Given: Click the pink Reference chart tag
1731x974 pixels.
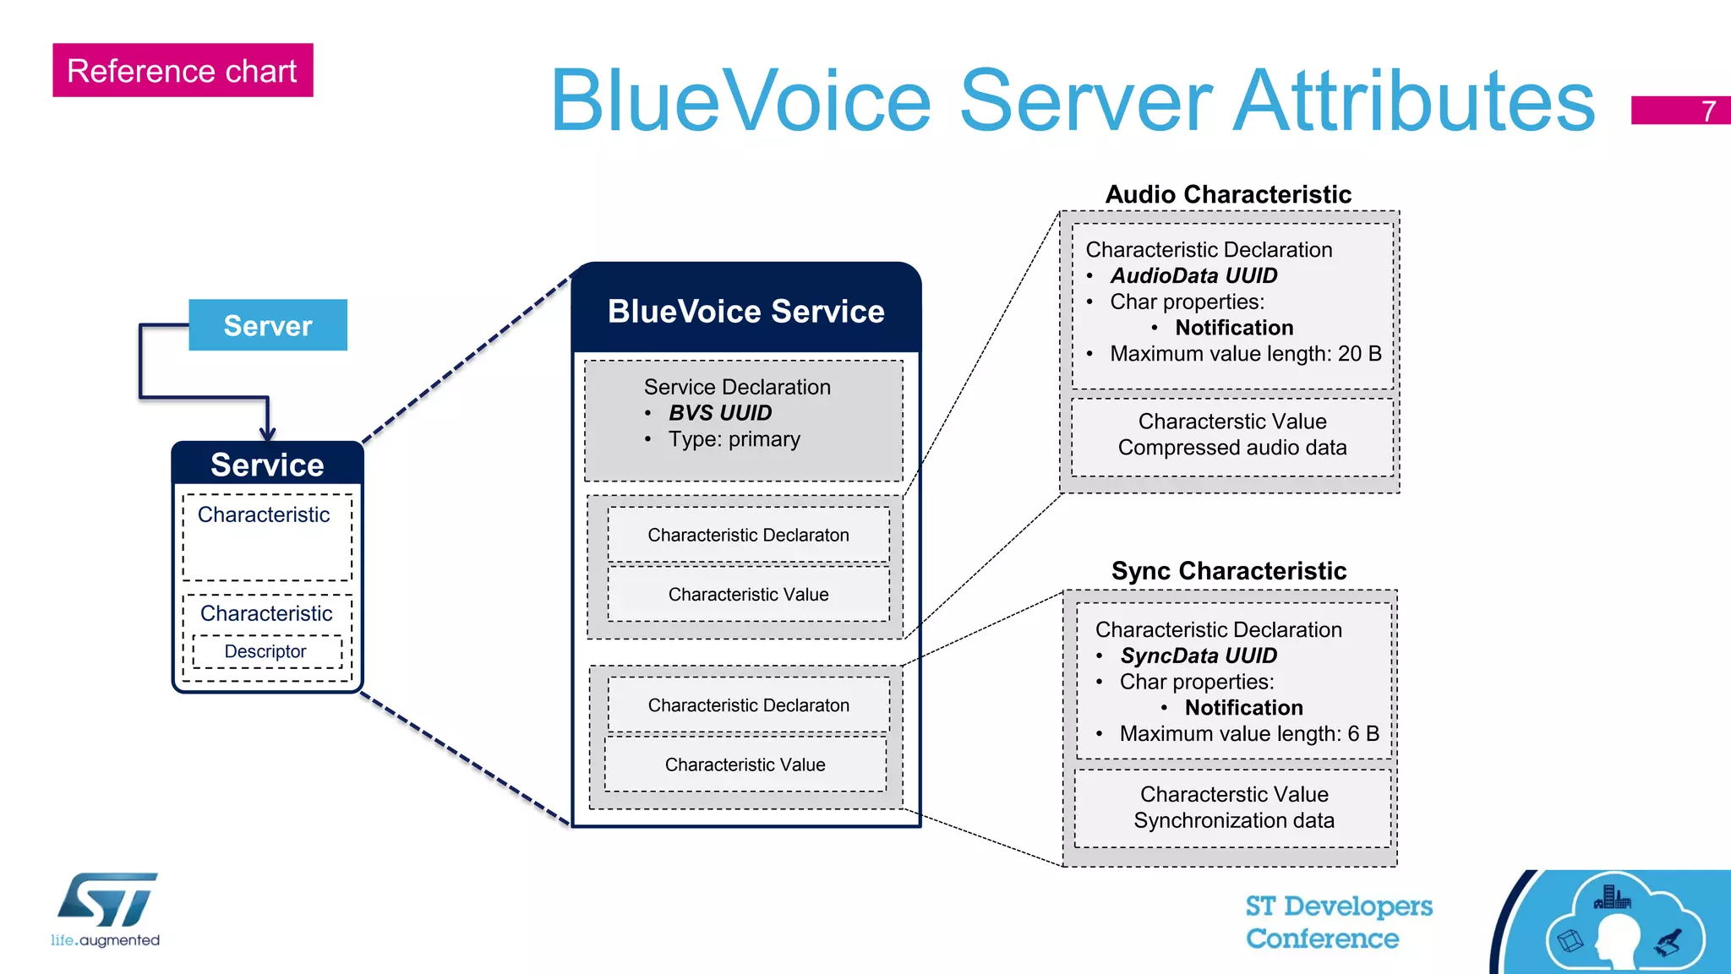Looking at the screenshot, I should (x=183, y=70).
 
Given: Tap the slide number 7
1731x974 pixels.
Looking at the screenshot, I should (x=1707, y=111).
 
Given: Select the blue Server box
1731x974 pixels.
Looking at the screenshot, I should (x=267, y=325).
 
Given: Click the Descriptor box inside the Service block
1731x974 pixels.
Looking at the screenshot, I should (x=265, y=651).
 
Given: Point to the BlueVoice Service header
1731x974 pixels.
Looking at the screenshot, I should (x=745, y=311).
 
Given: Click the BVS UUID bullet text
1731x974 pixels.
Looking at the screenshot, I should (x=719, y=413).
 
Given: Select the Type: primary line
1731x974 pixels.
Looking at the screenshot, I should (x=734, y=439).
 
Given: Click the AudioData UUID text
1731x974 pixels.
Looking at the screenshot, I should (x=1193, y=275).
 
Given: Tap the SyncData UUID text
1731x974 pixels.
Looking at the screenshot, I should (x=1198, y=656).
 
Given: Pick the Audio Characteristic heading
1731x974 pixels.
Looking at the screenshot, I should (x=1228, y=194).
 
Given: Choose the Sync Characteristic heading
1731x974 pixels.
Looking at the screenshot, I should (x=1228, y=571).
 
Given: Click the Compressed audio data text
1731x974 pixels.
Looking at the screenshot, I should (x=1231, y=448).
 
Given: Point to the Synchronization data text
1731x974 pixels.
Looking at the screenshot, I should (x=1233, y=820).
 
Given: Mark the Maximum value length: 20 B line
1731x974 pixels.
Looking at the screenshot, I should (x=1245, y=354).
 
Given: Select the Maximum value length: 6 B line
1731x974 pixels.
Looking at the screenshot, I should (x=1248, y=733).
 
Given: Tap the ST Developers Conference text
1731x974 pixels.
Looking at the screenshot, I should (x=1338, y=922).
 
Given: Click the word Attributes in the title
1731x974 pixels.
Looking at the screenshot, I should (x=1413, y=101).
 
